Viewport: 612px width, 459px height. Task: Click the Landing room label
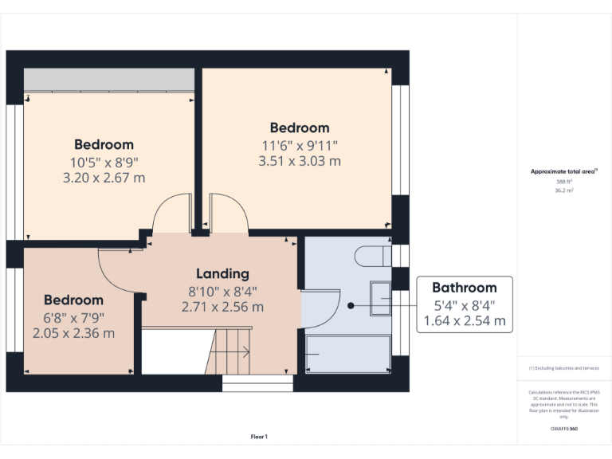click(x=222, y=274)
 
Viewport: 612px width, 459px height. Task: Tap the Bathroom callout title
click(x=464, y=288)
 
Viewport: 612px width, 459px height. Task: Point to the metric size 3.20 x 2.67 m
click(x=104, y=178)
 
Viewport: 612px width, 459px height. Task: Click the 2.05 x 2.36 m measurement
click(x=73, y=333)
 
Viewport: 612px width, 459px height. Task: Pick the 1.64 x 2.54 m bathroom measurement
click(x=464, y=321)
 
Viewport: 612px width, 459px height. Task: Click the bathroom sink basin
click(x=379, y=300)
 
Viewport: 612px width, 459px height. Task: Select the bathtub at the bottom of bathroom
click(x=349, y=354)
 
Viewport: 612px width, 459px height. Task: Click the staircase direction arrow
click(x=241, y=351)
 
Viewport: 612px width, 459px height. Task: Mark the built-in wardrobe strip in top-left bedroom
click(x=109, y=80)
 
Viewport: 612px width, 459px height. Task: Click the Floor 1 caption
click(x=259, y=437)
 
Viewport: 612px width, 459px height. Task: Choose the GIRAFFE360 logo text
click(x=563, y=429)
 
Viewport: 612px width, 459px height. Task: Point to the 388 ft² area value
click(x=563, y=182)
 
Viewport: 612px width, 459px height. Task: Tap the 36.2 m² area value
click(x=563, y=190)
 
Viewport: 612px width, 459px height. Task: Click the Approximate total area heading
click(x=563, y=171)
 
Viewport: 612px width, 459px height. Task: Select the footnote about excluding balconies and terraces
click(x=563, y=368)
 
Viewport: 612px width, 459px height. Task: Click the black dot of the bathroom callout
click(x=351, y=305)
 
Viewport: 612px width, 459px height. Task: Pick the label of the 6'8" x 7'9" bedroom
click(x=73, y=300)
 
